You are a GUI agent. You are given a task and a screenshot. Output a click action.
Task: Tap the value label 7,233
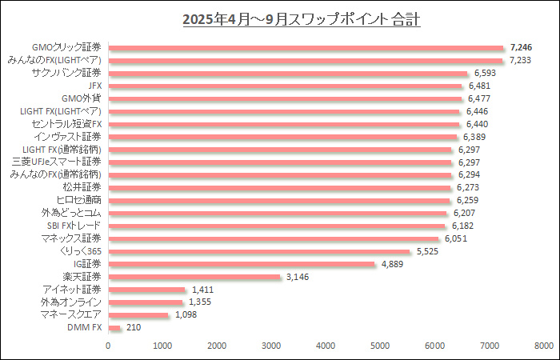525,60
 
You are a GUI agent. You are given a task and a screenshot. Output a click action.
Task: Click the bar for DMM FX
114,327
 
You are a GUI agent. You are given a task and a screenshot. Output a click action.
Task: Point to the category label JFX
94,86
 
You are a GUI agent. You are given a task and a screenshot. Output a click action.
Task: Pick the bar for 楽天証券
194,277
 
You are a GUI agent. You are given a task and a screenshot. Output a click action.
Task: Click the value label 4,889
394,264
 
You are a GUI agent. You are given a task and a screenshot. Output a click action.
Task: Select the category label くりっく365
80,251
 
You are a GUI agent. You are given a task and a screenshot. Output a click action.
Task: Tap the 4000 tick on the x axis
326,346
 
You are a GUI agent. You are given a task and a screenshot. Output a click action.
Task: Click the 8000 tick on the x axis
543,346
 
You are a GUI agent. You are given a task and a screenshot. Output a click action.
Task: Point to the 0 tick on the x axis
108,346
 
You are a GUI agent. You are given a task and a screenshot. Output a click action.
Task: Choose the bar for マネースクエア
138,314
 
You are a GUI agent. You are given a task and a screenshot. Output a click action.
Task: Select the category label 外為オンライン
71,302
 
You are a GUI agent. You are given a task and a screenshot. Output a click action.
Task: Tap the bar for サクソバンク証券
287,73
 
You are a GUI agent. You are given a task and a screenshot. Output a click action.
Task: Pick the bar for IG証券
241,264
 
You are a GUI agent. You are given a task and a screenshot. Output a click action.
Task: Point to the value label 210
134,327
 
